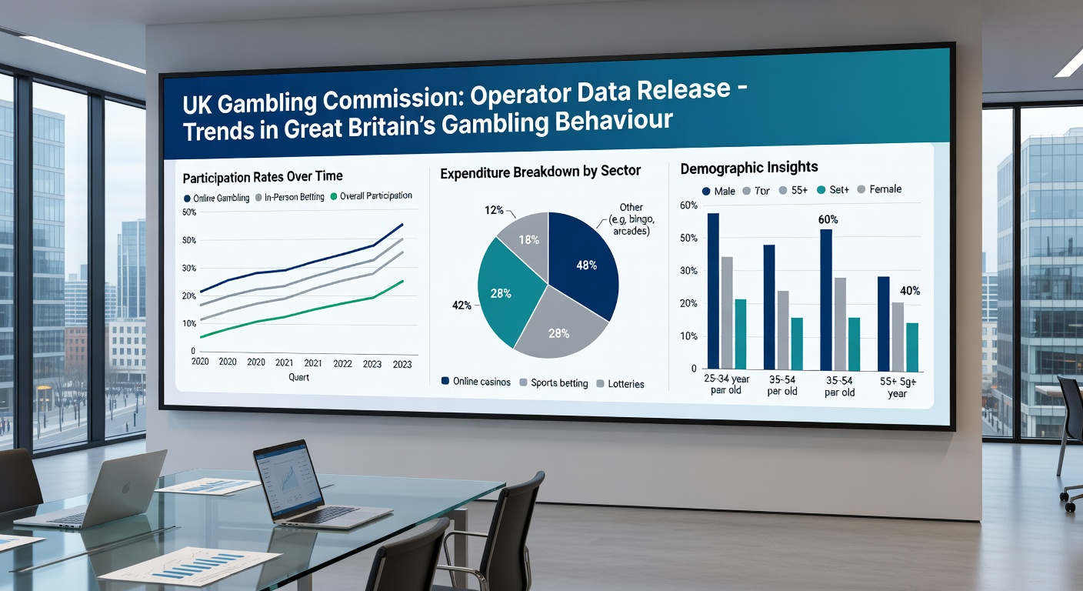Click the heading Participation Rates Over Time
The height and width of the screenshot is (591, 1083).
(x=262, y=177)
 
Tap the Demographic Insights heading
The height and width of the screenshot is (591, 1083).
(x=749, y=167)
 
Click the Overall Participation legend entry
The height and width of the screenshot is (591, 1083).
(x=372, y=196)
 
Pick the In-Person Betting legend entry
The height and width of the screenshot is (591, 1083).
(x=290, y=197)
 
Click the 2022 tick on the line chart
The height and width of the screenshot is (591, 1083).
(x=343, y=363)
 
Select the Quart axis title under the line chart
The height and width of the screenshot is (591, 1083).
(x=299, y=377)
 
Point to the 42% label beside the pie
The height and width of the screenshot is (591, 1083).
(x=462, y=306)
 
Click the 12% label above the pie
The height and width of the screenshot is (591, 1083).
(x=493, y=210)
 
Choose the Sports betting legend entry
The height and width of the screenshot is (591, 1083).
(x=554, y=382)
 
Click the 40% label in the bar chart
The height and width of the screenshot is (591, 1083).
(x=909, y=291)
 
